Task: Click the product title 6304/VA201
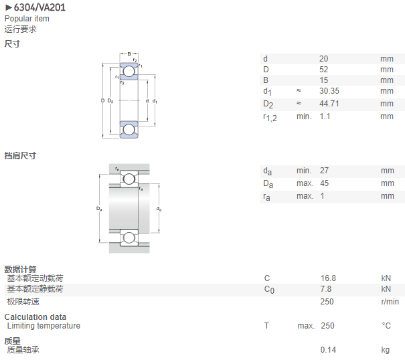tap(39, 7)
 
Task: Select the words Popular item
tap(27, 19)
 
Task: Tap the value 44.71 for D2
tap(329, 104)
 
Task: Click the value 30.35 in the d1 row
tap(329, 91)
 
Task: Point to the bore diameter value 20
tap(323, 59)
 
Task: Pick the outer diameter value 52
tap(323, 70)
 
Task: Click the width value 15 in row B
tap(323, 80)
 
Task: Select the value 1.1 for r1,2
tap(325, 116)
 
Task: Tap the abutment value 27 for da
tap(324, 171)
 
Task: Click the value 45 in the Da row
tap(324, 183)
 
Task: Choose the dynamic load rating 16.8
tap(328, 278)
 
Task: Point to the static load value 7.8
tap(326, 288)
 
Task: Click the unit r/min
tap(390, 302)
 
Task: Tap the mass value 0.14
tap(328, 350)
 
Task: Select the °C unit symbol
tap(386, 326)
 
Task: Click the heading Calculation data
tap(35, 317)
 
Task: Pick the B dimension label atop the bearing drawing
tap(129, 54)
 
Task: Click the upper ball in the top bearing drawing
tap(129, 72)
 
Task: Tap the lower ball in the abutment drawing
tap(129, 238)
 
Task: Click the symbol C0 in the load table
tap(269, 289)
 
